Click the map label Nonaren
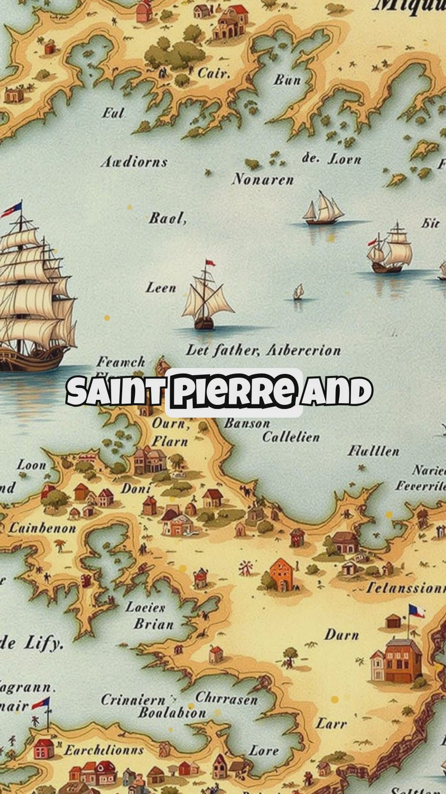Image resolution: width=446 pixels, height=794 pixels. (263, 179)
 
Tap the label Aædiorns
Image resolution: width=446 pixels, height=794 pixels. (134, 162)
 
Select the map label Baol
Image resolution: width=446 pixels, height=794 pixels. (167, 218)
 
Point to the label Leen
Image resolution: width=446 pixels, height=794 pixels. (161, 287)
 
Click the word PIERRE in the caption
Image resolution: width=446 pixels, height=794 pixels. (234, 391)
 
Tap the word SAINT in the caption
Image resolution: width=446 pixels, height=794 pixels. (115, 391)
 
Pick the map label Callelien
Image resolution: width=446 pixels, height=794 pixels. (291, 437)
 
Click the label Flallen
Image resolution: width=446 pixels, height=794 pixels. (373, 451)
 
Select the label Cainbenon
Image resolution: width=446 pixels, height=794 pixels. (43, 528)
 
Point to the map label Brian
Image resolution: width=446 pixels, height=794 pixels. (154, 624)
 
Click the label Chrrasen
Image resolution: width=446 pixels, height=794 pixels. (226, 698)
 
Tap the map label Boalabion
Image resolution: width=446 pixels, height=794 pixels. (172, 713)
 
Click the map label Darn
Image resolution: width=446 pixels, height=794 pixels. (342, 635)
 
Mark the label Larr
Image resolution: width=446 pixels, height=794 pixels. (331, 723)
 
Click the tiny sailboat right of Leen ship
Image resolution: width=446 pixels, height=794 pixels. (299, 292)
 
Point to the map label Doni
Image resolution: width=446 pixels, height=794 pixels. (136, 489)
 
